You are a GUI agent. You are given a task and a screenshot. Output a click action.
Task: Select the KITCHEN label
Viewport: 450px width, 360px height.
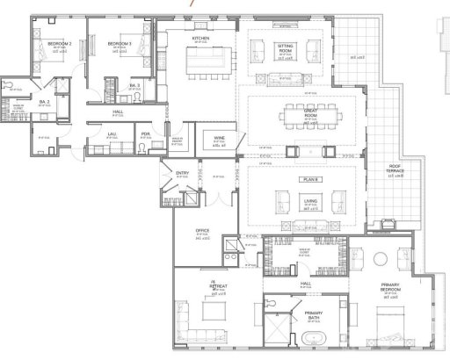tap(200, 39)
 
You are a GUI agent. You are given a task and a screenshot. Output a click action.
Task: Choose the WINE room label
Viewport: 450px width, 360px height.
tap(216, 139)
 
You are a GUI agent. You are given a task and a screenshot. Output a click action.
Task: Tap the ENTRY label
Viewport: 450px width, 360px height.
tap(183, 173)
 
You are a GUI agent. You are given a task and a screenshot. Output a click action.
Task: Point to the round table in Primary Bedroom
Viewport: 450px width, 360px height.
tap(380, 257)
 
